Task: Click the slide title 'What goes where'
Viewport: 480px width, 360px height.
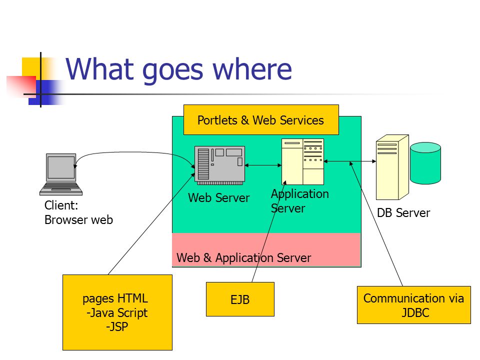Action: pyautogui.click(x=179, y=69)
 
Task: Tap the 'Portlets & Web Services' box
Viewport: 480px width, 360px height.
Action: pyautogui.click(x=261, y=119)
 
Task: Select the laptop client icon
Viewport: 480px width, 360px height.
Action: pyautogui.click(x=61, y=174)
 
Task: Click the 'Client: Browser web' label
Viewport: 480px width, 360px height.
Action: pyautogui.click(x=78, y=212)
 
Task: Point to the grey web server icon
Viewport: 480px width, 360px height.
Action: pyautogui.click(x=220, y=165)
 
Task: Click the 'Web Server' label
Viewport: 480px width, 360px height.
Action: pyautogui.click(x=219, y=198)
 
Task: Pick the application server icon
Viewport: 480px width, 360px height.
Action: pyautogui.click(x=302, y=161)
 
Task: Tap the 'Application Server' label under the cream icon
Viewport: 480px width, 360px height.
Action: pyautogui.click(x=300, y=201)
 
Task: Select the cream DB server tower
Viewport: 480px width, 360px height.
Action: pyautogui.click(x=392, y=167)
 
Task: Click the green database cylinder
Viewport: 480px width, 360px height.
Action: pyautogui.click(x=425, y=163)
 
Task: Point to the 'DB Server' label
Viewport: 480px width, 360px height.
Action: pyautogui.click(x=403, y=213)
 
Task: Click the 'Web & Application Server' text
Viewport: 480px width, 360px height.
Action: pyautogui.click(x=243, y=258)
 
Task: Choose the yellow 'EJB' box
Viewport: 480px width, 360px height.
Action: pyautogui.click(x=240, y=299)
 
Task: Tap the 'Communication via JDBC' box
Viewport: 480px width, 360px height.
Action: pyautogui.click(x=414, y=305)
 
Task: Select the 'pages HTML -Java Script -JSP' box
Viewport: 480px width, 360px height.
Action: pyautogui.click(x=117, y=312)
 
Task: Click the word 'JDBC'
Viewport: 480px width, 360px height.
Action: pyautogui.click(x=415, y=312)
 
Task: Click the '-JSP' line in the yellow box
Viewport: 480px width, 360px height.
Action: pyautogui.click(x=117, y=327)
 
